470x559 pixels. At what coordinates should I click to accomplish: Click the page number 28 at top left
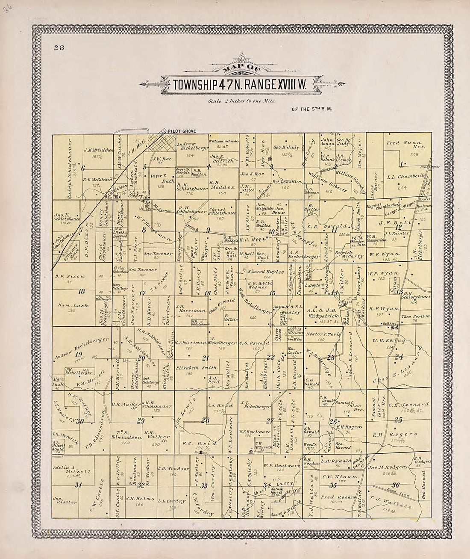[59, 47]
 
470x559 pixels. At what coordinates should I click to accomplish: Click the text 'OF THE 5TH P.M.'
[312, 109]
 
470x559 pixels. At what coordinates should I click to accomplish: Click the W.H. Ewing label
[388, 340]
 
